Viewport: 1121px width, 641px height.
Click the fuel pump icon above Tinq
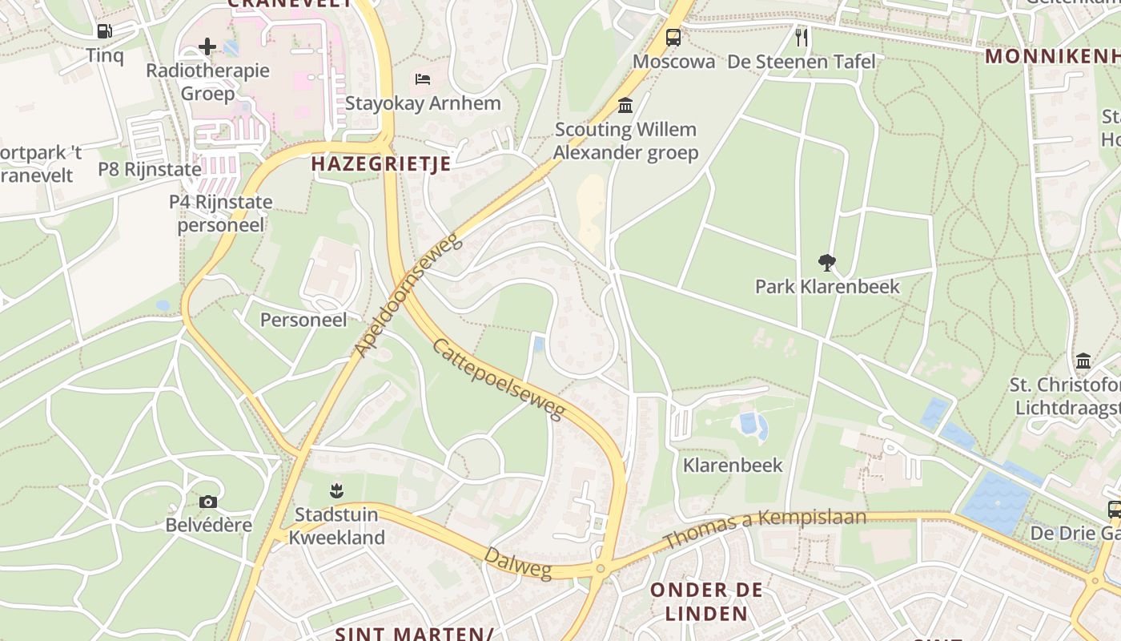[x=104, y=31]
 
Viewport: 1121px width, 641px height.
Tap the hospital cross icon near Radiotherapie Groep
[x=207, y=46]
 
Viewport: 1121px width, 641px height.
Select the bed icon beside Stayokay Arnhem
[x=423, y=79]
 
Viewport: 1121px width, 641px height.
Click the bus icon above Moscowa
[x=673, y=37]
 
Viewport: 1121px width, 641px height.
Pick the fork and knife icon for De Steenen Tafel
[x=801, y=37]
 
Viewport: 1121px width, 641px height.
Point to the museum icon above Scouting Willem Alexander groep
[x=625, y=105]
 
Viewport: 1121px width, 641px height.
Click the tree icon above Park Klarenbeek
[x=827, y=262]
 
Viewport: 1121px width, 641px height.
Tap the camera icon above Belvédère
[x=208, y=502]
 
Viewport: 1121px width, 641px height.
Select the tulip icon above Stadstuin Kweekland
[x=336, y=490]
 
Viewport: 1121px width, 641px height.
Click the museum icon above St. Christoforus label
[x=1083, y=361]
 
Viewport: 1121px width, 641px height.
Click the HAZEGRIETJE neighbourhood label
[x=380, y=163]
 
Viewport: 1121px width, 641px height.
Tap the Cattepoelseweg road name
[x=499, y=379]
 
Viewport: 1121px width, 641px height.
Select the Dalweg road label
[x=518, y=562]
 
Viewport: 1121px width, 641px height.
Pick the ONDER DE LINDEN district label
[x=706, y=602]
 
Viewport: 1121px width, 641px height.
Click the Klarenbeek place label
[x=733, y=465]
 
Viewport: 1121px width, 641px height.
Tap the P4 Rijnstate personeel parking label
[x=220, y=213]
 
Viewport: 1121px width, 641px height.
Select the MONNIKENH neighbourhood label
[x=1051, y=56]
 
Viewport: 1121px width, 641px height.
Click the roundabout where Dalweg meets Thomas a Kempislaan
[x=601, y=569]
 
